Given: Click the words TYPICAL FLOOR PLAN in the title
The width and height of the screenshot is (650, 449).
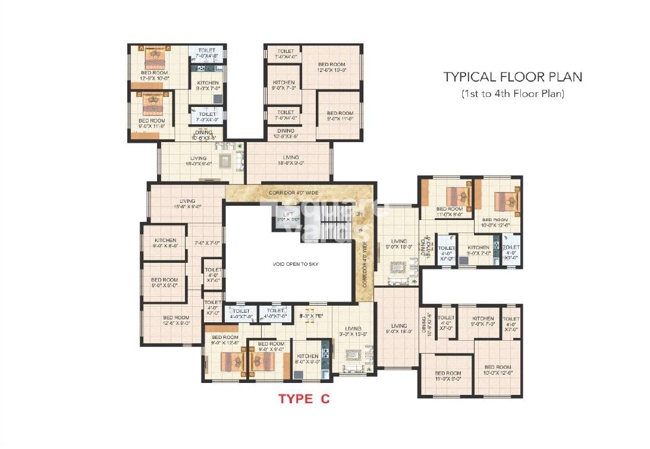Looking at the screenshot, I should tap(513, 77).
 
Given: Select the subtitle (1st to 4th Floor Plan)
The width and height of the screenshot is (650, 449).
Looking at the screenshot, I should tap(513, 93).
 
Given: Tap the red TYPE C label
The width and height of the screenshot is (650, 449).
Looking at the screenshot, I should tap(304, 399).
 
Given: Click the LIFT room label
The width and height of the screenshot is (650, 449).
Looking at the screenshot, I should tap(288, 216).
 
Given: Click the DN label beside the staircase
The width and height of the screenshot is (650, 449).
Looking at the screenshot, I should tap(359, 213).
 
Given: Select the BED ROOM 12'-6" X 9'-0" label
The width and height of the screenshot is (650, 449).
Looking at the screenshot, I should tap(177, 321).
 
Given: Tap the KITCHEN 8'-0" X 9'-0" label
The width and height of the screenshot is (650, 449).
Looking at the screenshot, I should tap(308, 359).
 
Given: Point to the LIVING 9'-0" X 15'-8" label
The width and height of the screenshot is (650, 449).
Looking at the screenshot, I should tap(353, 331).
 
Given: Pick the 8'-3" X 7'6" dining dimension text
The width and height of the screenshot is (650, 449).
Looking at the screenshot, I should tap(311, 316).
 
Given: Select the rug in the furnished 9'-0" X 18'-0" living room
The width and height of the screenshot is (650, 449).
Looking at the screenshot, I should tap(397, 267).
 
